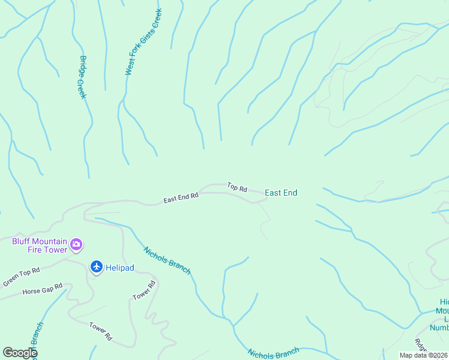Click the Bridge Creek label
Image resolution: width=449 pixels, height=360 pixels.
[x=83, y=77]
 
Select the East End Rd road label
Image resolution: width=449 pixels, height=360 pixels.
[x=181, y=198]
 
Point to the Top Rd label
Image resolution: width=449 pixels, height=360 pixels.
[x=237, y=188]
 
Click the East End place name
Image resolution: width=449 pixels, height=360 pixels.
[x=281, y=193]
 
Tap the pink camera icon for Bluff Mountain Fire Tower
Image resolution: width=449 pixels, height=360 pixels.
[x=76, y=244]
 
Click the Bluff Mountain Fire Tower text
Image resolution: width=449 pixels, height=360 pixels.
[x=40, y=245]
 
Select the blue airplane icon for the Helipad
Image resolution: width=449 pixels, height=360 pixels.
[x=96, y=266]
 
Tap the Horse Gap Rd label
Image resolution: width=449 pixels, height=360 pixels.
[x=42, y=289]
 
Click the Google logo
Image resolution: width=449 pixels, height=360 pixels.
[x=20, y=353]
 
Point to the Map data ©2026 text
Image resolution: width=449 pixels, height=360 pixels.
[x=423, y=355]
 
